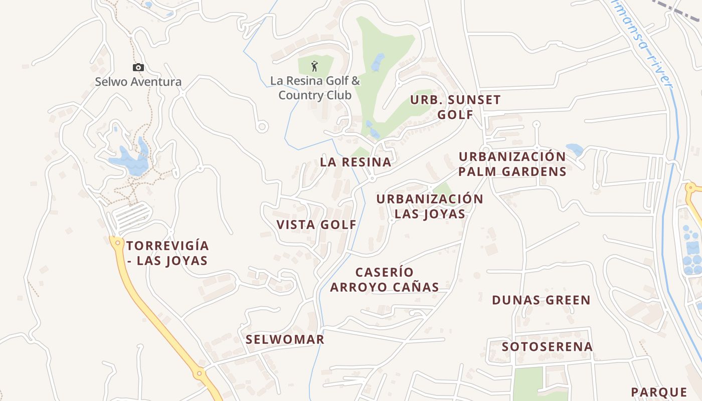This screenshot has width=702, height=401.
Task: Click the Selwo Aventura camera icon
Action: tap(138, 67)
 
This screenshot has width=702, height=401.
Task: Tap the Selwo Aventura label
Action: tap(138, 82)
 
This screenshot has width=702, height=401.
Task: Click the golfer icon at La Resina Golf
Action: tap(314, 66)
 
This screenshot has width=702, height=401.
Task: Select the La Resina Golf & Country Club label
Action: tap(315, 88)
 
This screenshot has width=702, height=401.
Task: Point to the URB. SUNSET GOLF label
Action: tap(455, 107)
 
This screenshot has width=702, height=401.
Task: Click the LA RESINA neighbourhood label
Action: tap(356, 162)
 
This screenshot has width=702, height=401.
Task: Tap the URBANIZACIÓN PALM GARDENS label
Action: tap(512, 164)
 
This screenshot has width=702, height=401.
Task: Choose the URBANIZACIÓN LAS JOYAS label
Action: tap(430, 206)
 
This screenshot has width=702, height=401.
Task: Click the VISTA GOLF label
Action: tap(316, 225)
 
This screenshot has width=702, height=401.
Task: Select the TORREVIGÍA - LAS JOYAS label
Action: tap(167, 253)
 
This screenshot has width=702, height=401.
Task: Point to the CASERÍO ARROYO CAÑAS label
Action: tap(385, 280)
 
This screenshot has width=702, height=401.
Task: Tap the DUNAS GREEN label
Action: tap(541, 300)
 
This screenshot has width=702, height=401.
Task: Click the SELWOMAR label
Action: tap(285, 339)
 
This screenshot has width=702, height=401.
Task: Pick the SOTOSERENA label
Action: tap(547, 346)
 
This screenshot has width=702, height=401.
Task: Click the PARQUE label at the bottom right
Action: tap(659, 392)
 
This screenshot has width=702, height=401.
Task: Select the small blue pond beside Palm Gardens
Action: tap(574, 149)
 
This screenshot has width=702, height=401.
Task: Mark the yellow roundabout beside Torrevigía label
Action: tap(117, 243)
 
